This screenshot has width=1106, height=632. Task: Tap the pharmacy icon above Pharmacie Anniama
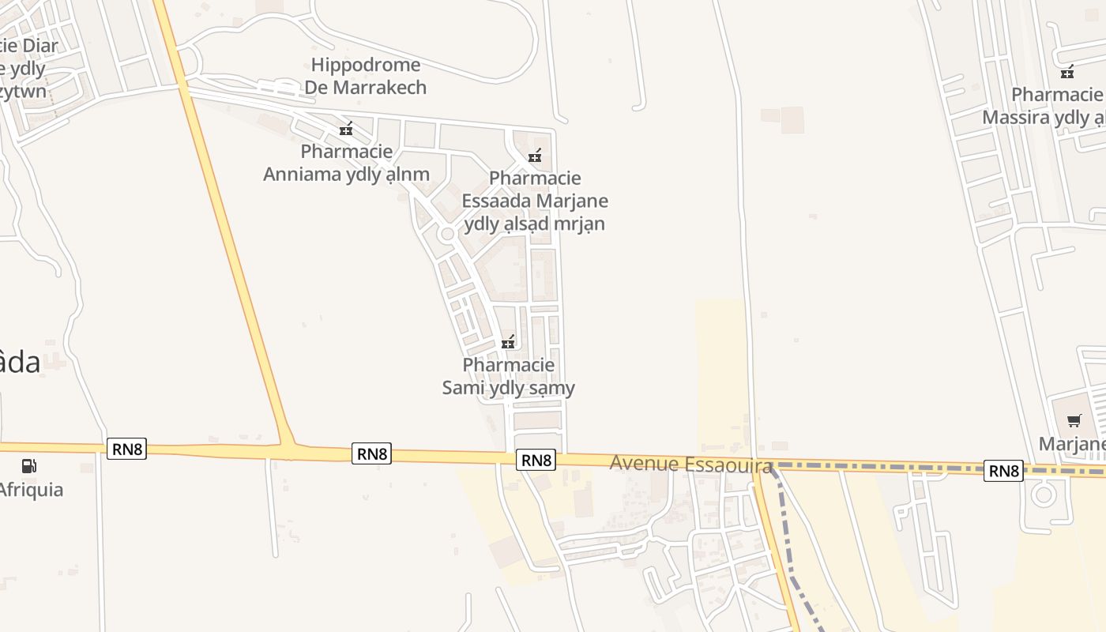pos(346,129)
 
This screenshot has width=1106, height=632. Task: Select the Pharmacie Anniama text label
pos(346,163)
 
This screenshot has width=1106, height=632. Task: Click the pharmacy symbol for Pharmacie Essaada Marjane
pos(535,156)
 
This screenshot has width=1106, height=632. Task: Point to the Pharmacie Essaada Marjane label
pos(535,201)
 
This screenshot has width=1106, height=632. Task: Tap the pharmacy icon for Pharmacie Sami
pos(509,342)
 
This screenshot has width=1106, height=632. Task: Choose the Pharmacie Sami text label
pos(509,377)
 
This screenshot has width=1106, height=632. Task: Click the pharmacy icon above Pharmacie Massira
pos(1068,72)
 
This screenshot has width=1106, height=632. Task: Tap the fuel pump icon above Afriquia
pos(29,465)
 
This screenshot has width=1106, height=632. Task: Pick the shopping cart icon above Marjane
pos(1074,420)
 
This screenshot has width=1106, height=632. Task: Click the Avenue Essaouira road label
pos(690,464)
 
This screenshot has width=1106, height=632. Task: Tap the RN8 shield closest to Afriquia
pos(126,450)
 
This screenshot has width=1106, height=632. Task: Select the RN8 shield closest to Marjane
pos(1003,471)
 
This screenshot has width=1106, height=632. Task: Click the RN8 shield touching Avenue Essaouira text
pos(536,460)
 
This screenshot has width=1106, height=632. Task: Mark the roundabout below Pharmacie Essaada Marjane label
pos(447,234)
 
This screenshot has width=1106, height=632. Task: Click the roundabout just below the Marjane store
pos(1044,495)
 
